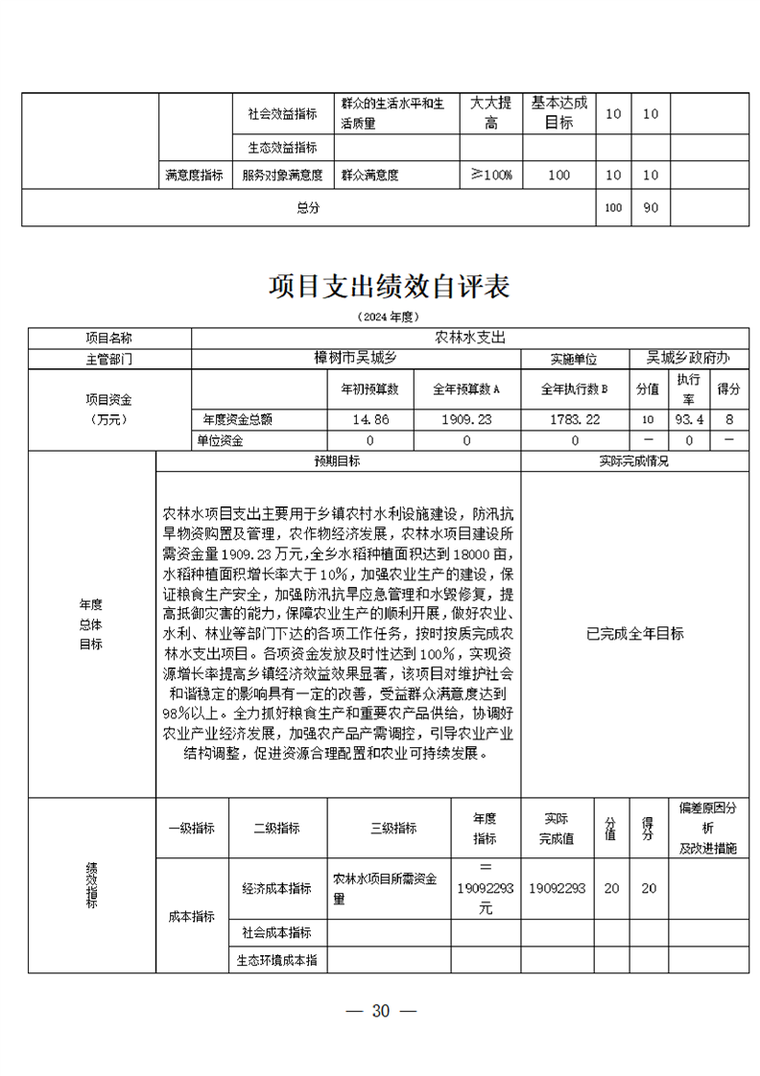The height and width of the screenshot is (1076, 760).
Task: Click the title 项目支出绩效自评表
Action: pos(389,286)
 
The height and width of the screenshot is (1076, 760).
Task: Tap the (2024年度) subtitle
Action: pos(389,316)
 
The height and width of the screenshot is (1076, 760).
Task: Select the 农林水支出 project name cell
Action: pos(469,338)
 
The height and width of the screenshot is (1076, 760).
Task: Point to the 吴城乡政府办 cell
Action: pos(688,358)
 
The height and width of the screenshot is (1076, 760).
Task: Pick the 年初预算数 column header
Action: pos(370,390)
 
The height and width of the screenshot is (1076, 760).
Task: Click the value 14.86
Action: pos(370,419)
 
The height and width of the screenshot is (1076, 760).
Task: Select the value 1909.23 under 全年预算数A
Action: pos(466,419)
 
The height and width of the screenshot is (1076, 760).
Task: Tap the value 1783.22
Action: pos(575,419)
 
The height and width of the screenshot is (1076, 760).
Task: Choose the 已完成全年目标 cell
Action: pos(634,634)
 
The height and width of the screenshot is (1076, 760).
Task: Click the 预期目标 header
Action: pos(338,460)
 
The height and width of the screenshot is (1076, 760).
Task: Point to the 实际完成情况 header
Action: pos(634,460)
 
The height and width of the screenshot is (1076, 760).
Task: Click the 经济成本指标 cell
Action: pos(278,889)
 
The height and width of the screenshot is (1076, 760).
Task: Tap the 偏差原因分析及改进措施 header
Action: pos(708,828)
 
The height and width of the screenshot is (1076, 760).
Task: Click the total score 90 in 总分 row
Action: pos(651,207)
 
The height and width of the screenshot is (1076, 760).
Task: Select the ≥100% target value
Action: pos(491,175)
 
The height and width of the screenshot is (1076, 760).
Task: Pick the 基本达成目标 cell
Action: pos(559,112)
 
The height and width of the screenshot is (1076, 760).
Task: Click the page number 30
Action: pos(381,1011)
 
